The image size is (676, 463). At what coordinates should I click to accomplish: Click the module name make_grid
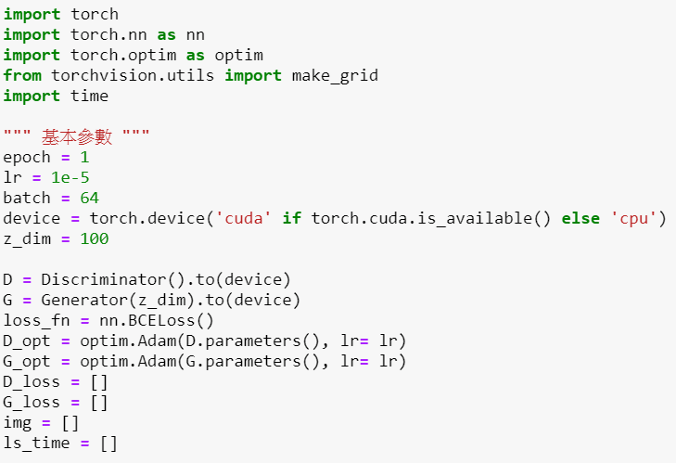(335, 76)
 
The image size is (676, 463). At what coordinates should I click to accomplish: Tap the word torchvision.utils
(133, 75)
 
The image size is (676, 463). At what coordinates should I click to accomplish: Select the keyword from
(22, 75)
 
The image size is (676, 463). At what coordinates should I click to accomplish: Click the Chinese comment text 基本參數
(77, 137)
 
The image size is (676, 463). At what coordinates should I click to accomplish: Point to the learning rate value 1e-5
(70, 177)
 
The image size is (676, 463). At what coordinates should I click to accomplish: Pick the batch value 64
(90, 198)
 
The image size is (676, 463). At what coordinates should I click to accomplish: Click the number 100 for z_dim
(95, 238)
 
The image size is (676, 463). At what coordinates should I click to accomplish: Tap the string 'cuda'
(243, 218)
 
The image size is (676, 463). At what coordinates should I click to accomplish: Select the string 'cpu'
(633, 218)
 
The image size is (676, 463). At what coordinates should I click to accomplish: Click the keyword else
(580, 218)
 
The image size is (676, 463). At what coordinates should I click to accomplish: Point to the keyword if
(292, 218)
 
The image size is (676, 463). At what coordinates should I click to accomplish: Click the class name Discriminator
(104, 279)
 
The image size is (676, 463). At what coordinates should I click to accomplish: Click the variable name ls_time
(37, 444)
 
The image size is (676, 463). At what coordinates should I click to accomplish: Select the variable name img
(18, 423)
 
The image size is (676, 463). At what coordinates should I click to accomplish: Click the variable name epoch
(27, 158)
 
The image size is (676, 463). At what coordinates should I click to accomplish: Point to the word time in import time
(89, 96)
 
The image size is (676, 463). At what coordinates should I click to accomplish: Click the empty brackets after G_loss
(99, 402)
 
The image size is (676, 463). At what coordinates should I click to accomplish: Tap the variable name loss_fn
(37, 320)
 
